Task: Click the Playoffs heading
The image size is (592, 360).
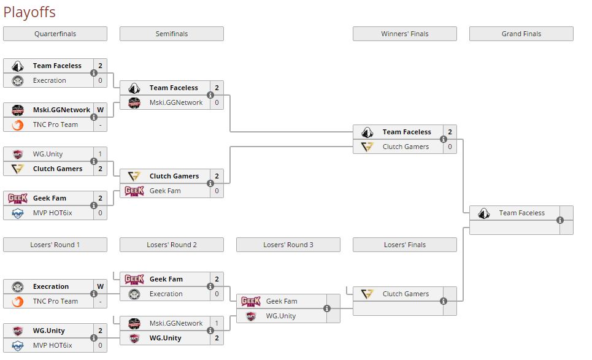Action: [29, 12]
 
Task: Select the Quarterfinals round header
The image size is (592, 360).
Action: [55, 34]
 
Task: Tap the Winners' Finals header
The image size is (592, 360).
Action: [404, 34]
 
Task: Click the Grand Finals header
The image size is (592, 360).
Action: [521, 34]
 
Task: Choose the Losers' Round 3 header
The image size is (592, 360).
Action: [288, 245]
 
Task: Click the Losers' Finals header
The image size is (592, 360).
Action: [404, 245]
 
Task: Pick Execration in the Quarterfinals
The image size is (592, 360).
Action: [50, 80]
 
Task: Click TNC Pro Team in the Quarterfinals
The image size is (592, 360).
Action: [55, 124]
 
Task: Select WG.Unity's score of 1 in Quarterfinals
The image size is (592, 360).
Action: [100, 154]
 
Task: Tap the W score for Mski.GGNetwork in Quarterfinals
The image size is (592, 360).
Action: [100, 110]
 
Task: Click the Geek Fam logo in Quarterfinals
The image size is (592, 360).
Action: [17, 198]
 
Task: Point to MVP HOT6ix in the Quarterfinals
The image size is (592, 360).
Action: [52, 213]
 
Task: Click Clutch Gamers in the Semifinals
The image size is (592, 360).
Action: [174, 176]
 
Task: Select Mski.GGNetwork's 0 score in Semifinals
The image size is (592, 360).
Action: [217, 102]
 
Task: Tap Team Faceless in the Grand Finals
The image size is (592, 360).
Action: [521, 213]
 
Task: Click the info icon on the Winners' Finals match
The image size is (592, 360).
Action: [444, 139]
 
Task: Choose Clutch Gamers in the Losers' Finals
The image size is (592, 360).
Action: [406, 294]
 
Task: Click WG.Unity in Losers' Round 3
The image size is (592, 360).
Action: [280, 316]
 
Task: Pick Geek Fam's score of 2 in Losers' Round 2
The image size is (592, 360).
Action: [217, 279]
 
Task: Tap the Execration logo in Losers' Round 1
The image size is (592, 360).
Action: [17, 286]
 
